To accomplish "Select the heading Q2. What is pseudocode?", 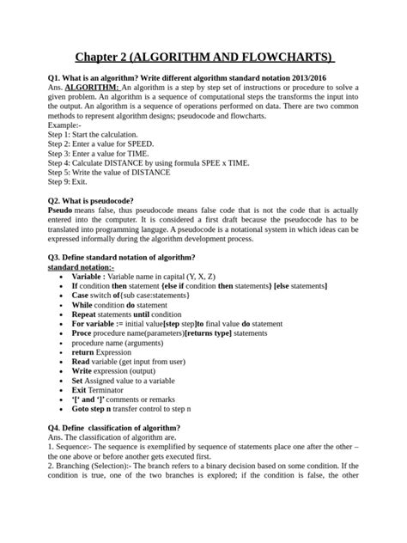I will click(102, 200).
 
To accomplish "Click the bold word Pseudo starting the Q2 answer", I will click(59, 210).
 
